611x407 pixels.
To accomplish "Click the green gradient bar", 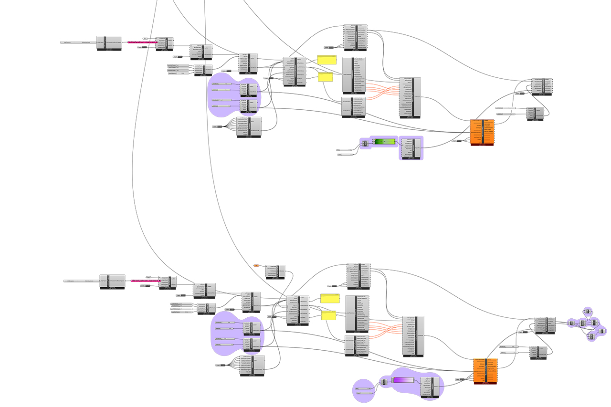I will tap(385, 142).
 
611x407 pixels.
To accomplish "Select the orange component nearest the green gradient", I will tap(482, 132).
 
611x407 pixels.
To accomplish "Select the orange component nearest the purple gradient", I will tap(485, 371).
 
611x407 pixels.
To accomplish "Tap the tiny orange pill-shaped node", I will tap(256, 265).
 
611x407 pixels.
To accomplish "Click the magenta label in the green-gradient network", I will tap(143, 42).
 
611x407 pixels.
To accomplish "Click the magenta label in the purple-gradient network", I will tap(145, 281).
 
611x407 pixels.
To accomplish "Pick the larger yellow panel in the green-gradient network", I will tap(327, 60).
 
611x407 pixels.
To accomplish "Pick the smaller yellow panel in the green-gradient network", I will tap(325, 76).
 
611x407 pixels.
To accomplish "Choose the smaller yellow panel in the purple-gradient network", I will tap(328, 314).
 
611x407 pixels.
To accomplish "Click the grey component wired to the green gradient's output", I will tap(411, 147).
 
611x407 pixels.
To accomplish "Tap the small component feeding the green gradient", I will tap(365, 143).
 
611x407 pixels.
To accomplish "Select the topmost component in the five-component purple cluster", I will tap(588, 312).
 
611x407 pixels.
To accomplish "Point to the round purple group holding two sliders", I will tap(364, 391).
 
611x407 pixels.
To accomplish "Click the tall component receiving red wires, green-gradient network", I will tap(410, 97).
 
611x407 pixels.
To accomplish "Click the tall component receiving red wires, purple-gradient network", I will tap(413, 335).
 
